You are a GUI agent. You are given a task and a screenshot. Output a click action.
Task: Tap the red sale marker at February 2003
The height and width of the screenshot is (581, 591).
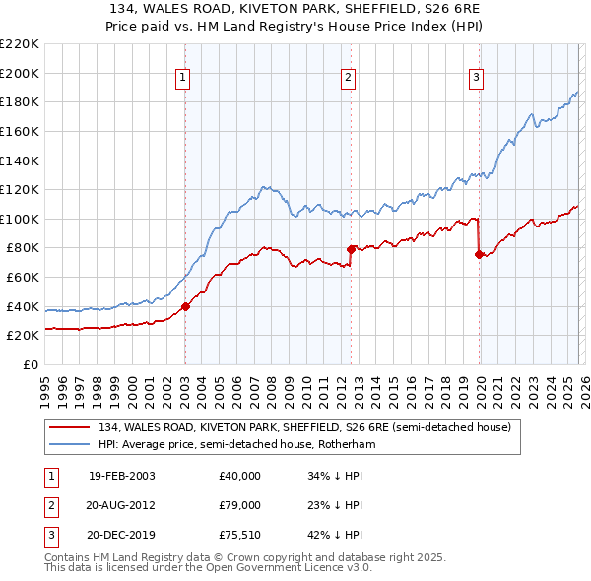(185, 306)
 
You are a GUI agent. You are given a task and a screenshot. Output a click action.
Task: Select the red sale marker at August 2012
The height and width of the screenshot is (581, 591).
(351, 249)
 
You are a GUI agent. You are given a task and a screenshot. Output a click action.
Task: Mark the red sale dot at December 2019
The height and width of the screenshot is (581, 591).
(479, 254)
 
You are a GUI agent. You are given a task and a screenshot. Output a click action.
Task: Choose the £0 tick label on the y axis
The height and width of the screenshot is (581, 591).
(29, 364)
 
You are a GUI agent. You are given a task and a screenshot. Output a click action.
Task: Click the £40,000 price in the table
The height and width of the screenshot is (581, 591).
(239, 476)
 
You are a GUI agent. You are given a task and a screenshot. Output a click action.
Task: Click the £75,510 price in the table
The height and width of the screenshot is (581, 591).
(239, 535)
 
